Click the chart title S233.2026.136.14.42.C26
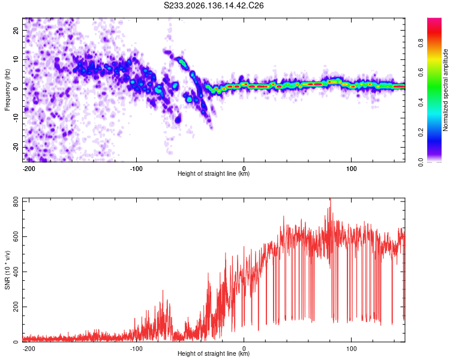pyautogui.click(x=214, y=5)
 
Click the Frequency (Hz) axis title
pyautogui.click(x=7, y=90)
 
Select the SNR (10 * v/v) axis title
pyautogui.click(x=7, y=270)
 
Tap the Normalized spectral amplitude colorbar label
pyautogui.click(x=445, y=90)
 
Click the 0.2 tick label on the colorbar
pyautogui.click(x=421, y=133)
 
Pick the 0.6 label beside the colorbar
pyautogui.click(x=421, y=73)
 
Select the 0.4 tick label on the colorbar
pyautogui.click(x=421, y=102)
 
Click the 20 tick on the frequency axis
pyautogui.click(x=16, y=31)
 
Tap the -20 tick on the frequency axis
pyautogui.click(x=16, y=147)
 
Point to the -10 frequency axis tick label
pyautogui.click(x=16, y=118)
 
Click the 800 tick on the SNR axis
pyautogui.click(x=16, y=202)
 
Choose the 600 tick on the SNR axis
pyautogui.click(x=16, y=236)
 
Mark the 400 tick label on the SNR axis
pyautogui.click(x=16, y=272)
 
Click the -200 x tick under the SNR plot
pyautogui.click(x=28, y=349)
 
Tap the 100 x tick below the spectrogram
pyautogui.click(x=351, y=169)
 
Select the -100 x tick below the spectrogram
pyautogui.click(x=136, y=169)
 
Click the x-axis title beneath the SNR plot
pyautogui.click(x=214, y=353)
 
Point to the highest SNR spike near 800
pyautogui.click(x=331, y=199)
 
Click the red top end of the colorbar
pyautogui.click(x=434, y=19)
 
